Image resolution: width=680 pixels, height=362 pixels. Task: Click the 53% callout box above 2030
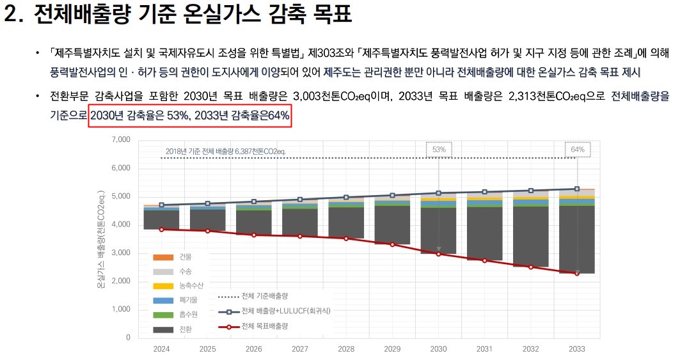pos(439,149)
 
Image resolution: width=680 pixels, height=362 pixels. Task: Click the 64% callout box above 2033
pos(578,149)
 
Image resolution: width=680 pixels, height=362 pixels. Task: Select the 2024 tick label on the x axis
pos(161,349)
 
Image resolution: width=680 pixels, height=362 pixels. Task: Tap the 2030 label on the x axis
pos(439,349)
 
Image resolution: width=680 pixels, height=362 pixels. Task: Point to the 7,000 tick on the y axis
pos(121,139)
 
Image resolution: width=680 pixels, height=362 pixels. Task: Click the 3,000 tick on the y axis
pos(121,253)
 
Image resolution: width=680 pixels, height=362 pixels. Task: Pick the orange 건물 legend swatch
pos(163,256)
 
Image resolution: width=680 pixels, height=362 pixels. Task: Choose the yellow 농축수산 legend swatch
pos(163,285)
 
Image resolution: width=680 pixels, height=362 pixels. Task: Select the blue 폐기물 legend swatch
pos(163,300)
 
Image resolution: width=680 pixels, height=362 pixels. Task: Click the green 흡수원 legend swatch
pos(163,315)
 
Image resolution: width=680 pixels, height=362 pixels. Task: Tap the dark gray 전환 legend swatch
pos(163,329)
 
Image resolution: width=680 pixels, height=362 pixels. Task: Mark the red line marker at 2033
pos(578,273)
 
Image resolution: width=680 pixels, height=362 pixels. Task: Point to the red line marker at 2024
pos(161,229)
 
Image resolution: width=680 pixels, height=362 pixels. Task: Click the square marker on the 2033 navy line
pos(578,189)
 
